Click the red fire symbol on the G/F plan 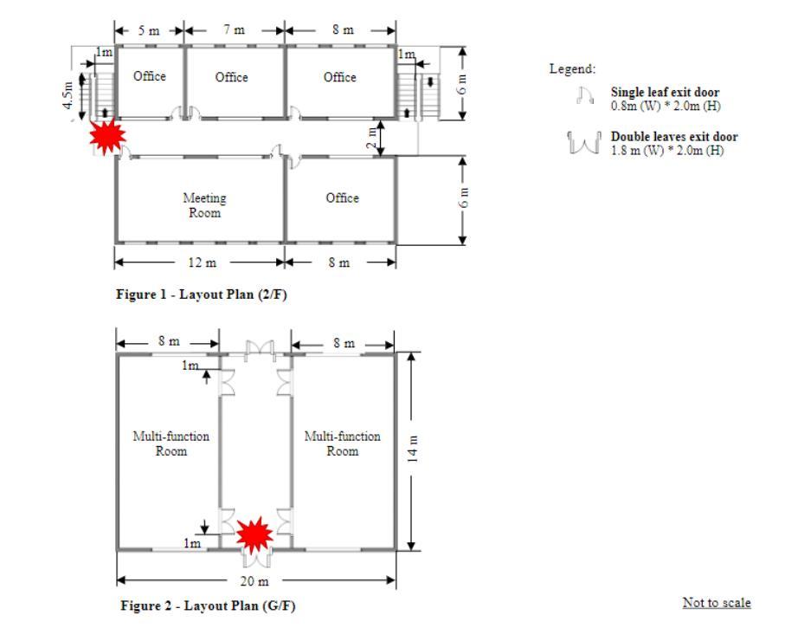pos(254,535)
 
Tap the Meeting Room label pos(204,205)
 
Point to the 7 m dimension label pos(234,30)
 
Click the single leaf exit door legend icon pos(584,96)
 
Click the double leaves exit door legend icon pos(584,141)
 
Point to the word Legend pos(572,68)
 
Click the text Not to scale pos(717,603)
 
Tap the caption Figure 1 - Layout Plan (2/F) pos(201,295)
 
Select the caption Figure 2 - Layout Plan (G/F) pos(207,606)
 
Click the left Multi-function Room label pos(171,443)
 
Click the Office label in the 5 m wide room pos(150,76)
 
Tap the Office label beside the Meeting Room pos(342,198)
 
